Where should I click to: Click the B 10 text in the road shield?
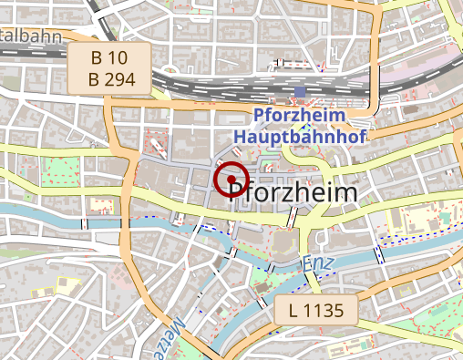point(108,58)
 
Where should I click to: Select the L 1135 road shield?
point(315,311)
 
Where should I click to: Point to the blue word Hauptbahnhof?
point(299,137)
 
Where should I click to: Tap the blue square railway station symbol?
point(301,93)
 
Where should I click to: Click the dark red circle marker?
point(231,180)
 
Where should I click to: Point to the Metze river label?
point(178,332)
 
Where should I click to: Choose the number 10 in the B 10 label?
point(118,58)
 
